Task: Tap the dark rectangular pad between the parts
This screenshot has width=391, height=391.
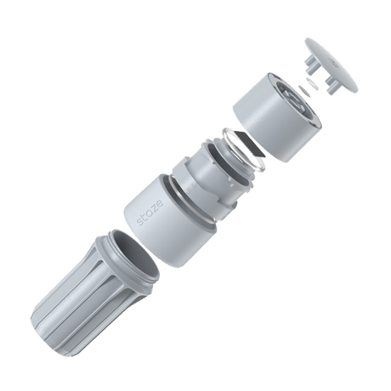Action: click(250, 144)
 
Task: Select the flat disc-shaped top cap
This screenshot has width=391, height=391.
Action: click(331, 65)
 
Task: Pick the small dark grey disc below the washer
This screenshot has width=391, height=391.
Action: click(304, 91)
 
